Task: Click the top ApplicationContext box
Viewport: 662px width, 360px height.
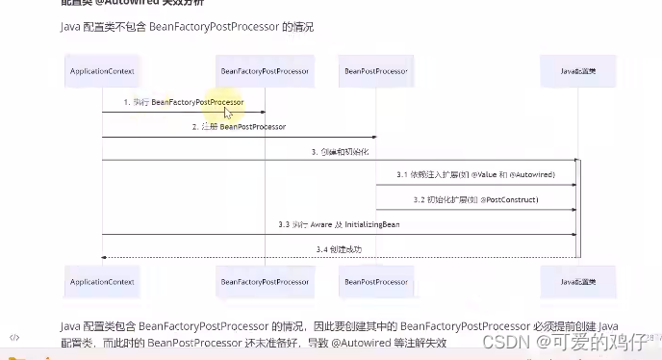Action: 102,71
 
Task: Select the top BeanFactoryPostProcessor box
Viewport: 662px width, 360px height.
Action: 264,71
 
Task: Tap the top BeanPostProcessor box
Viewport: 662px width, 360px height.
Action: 375,71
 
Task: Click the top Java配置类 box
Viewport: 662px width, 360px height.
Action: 578,71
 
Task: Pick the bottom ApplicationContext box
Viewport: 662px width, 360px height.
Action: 102,281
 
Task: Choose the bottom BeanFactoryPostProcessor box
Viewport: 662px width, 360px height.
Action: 264,281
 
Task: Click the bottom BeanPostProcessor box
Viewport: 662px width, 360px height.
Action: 375,281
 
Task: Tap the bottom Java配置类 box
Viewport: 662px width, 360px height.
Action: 578,281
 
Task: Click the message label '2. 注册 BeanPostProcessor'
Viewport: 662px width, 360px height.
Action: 239,126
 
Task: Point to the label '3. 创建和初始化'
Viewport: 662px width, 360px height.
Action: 340,151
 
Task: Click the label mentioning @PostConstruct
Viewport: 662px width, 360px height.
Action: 475,199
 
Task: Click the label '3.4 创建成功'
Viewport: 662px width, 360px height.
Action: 340,248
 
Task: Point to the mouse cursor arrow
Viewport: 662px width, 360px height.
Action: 228,112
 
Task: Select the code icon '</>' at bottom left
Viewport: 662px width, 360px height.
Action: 15,338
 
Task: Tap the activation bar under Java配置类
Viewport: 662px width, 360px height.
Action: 578,208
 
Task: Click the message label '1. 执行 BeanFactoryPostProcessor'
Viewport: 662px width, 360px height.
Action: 183,102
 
